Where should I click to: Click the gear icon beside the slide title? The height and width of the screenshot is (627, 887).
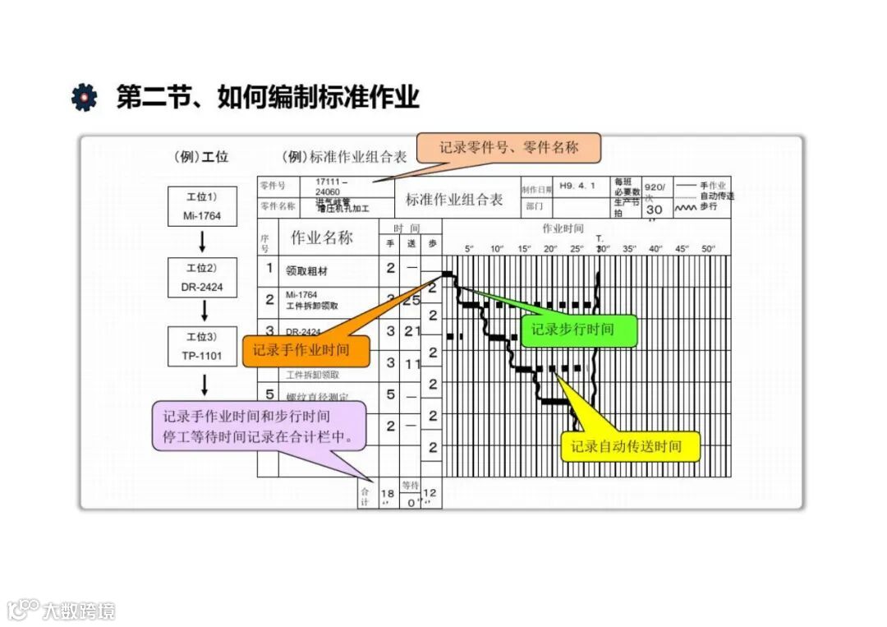[84, 97]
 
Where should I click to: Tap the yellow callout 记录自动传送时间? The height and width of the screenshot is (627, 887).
[630, 446]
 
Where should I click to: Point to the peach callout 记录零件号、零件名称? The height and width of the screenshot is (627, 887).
[508, 148]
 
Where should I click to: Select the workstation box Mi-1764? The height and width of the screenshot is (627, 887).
[202, 207]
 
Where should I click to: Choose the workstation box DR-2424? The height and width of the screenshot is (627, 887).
[202, 278]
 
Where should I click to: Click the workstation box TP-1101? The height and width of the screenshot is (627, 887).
[202, 347]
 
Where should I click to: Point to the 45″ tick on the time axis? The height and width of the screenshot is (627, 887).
[682, 248]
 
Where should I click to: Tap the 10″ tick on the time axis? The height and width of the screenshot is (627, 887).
[497, 248]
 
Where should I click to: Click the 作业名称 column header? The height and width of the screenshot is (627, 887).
[321, 238]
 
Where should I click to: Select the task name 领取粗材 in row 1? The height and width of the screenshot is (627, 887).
[307, 269]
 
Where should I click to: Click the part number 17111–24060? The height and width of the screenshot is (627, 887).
[332, 186]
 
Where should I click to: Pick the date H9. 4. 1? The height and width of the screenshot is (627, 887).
[577, 186]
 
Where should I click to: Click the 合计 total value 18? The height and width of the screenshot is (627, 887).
[388, 493]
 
